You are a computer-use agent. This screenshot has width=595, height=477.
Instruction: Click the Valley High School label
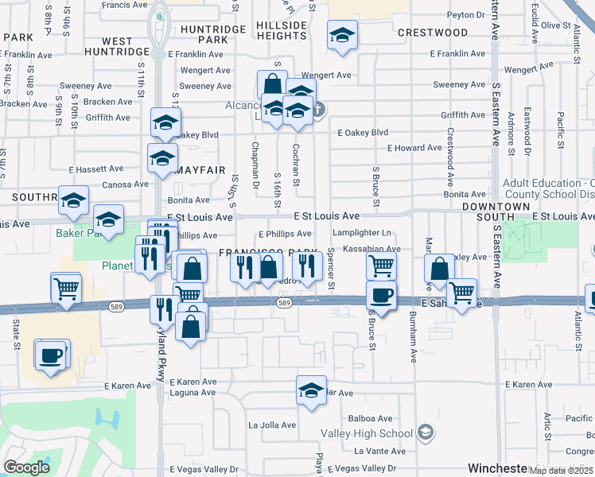(x=367, y=433)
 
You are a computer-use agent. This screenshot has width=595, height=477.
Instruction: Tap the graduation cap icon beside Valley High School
(x=426, y=432)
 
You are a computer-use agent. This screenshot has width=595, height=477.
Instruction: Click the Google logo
(x=27, y=467)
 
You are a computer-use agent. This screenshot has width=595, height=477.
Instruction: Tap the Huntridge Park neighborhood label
(x=204, y=33)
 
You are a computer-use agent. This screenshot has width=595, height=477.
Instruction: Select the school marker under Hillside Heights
(x=342, y=36)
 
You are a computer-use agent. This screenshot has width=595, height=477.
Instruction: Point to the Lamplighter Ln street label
(x=362, y=233)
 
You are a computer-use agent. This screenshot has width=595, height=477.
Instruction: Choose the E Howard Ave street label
(x=414, y=149)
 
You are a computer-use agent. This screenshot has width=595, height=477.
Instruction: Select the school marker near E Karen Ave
(x=311, y=390)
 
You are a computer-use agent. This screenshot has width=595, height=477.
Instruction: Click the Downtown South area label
(x=496, y=211)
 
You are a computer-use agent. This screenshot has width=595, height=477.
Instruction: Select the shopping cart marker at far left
(x=65, y=289)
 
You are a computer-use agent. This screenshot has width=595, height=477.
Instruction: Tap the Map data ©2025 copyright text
(x=561, y=471)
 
